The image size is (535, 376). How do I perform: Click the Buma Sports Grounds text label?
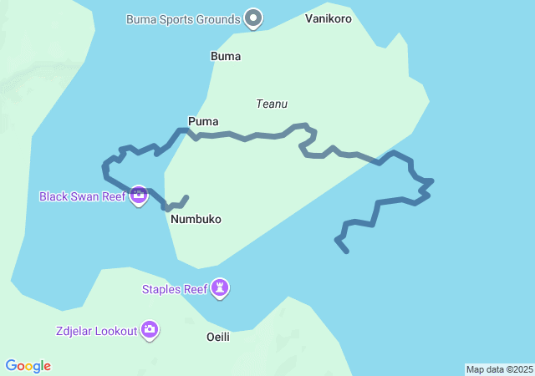182,18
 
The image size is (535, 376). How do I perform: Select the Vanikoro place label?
329,18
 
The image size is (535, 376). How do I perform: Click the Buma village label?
226,57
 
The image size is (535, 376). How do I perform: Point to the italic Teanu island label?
272,104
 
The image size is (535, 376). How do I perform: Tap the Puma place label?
203,121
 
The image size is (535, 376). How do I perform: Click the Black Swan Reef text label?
82,197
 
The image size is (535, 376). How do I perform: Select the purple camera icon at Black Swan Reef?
139,196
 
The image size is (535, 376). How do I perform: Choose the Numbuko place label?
196,219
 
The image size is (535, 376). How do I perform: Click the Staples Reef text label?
174,289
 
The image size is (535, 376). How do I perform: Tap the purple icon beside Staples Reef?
220,288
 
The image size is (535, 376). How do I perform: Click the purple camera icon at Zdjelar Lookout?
150,330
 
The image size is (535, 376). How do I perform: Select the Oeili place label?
217,337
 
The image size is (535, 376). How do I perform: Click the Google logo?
28,366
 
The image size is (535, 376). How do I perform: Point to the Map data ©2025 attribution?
498,369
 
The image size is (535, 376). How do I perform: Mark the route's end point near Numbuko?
186,197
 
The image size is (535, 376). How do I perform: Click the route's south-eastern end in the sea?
347,252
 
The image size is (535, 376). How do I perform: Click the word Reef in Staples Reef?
196,289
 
